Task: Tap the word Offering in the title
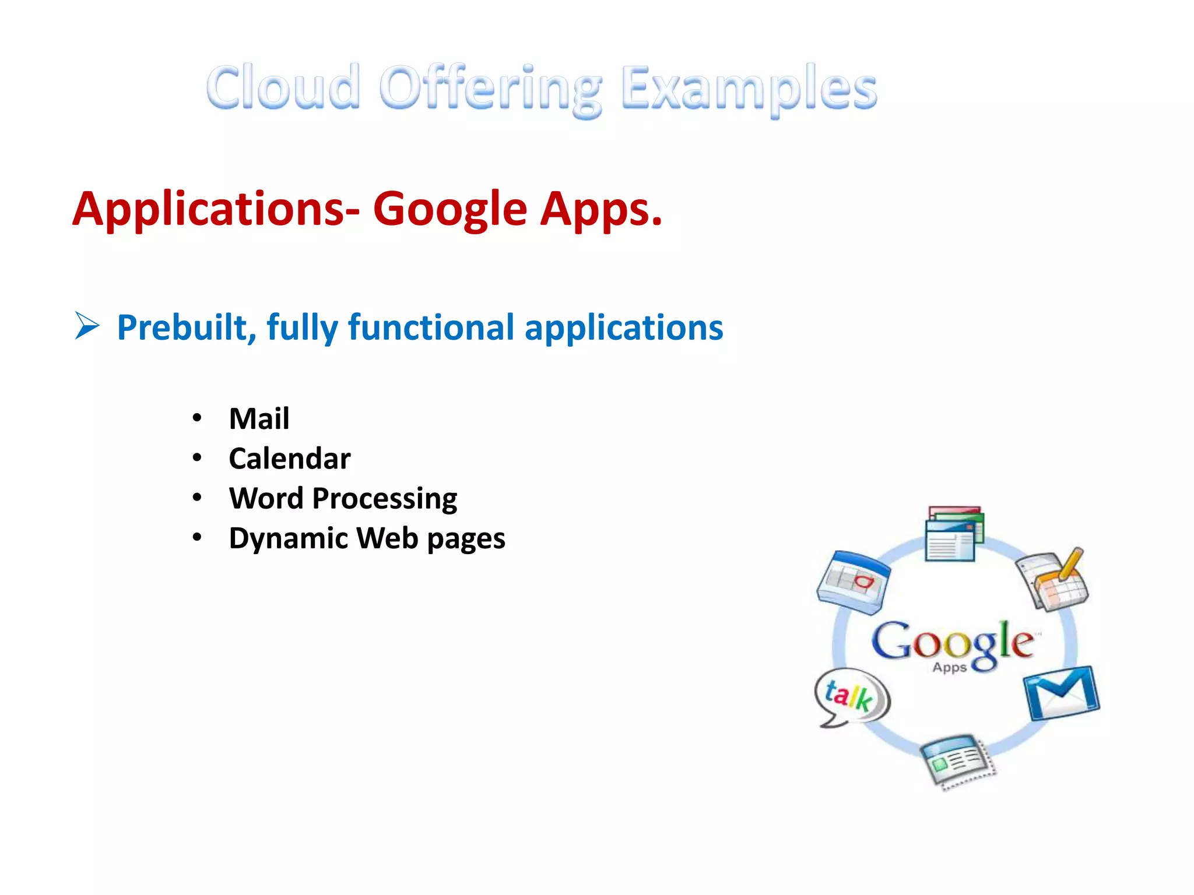pos(490,90)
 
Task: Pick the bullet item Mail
pos(259,419)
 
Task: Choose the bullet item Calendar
pos(290,459)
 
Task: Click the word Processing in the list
pos(384,499)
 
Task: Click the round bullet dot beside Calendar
pos(197,458)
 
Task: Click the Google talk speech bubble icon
pos(851,696)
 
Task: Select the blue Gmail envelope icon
pos(1062,693)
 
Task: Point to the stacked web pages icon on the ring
pos(954,534)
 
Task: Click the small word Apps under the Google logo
pos(949,667)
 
